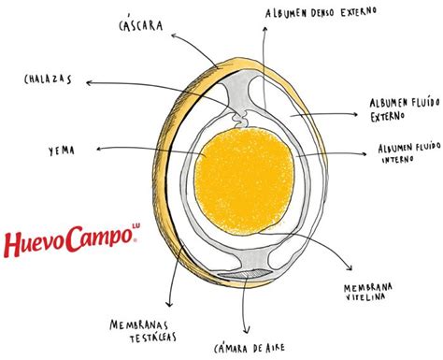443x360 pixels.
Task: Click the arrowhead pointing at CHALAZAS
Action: point(87,83)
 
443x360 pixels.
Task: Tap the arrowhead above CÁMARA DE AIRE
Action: point(244,330)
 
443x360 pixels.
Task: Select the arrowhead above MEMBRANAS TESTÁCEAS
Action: point(169,307)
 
